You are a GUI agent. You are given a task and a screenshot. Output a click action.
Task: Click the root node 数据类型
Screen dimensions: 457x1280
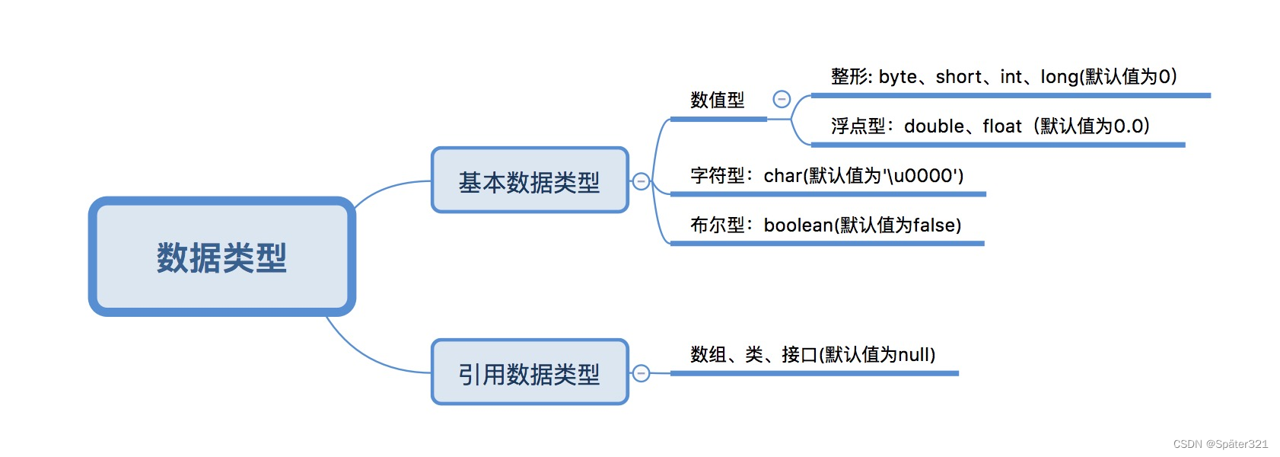click(221, 257)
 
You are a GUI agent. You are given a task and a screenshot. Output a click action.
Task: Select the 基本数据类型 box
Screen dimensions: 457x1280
click(530, 181)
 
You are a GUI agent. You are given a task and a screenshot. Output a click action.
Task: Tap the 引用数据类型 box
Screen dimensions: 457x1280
click(530, 373)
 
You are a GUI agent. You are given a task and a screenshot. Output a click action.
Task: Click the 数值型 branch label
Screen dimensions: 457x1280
click(717, 100)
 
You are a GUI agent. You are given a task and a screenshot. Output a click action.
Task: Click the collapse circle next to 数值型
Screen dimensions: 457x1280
click(782, 99)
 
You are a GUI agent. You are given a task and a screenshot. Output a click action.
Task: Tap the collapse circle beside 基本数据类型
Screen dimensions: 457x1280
click(642, 181)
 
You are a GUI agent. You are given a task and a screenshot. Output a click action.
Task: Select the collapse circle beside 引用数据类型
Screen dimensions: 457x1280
click(642, 373)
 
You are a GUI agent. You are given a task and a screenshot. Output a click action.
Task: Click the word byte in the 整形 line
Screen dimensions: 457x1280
click(898, 77)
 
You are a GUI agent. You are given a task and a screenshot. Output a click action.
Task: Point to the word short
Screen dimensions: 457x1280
click(959, 77)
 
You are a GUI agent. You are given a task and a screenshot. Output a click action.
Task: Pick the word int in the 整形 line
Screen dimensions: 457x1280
click(1011, 77)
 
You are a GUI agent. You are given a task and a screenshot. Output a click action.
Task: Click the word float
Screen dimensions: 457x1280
click(1001, 126)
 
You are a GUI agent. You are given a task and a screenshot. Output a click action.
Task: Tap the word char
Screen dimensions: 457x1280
click(783, 176)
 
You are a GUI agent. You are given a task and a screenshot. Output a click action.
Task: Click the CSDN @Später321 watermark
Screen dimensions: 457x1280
click(1220, 444)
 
